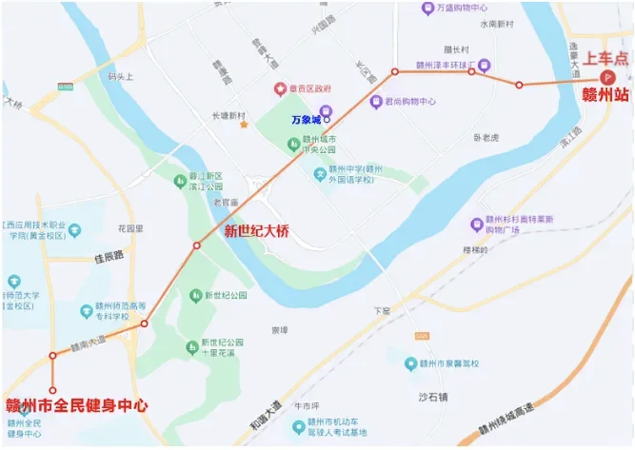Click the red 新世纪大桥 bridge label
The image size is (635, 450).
(x=256, y=230)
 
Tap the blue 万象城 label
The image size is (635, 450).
(x=306, y=120)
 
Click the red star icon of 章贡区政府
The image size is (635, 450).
(x=280, y=89)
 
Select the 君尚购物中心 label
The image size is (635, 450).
(x=409, y=101)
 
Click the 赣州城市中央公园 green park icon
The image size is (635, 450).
(x=294, y=144)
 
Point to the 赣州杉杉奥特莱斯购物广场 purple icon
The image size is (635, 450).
(x=477, y=225)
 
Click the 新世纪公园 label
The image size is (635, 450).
(x=225, y=296)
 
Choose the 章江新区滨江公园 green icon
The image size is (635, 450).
(x=180, y=180)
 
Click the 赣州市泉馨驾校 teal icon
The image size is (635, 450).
(x=410, y=363)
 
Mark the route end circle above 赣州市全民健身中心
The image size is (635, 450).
(x=53, y=390)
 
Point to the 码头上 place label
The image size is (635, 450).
(x=122, y=77)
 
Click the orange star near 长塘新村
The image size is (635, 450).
(x=245, y=125)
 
